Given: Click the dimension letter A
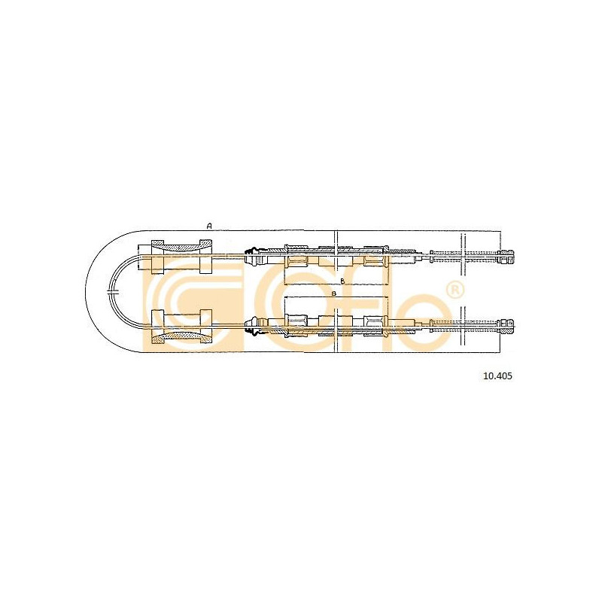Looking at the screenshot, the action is (x=209, y=227).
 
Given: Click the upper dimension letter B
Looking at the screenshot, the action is (x=343, y=281).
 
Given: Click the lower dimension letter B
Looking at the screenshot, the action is (x=334, y=293).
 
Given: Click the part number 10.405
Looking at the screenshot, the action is (x=497, y=376).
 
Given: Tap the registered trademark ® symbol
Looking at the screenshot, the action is (x=455, y=291).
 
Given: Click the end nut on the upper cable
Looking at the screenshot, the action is (x=506, y=257).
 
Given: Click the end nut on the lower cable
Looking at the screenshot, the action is (x=506, y=326).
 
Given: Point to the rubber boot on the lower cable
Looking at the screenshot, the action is (x=251, y=326).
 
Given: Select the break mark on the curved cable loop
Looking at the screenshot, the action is (x=112, y=292).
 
